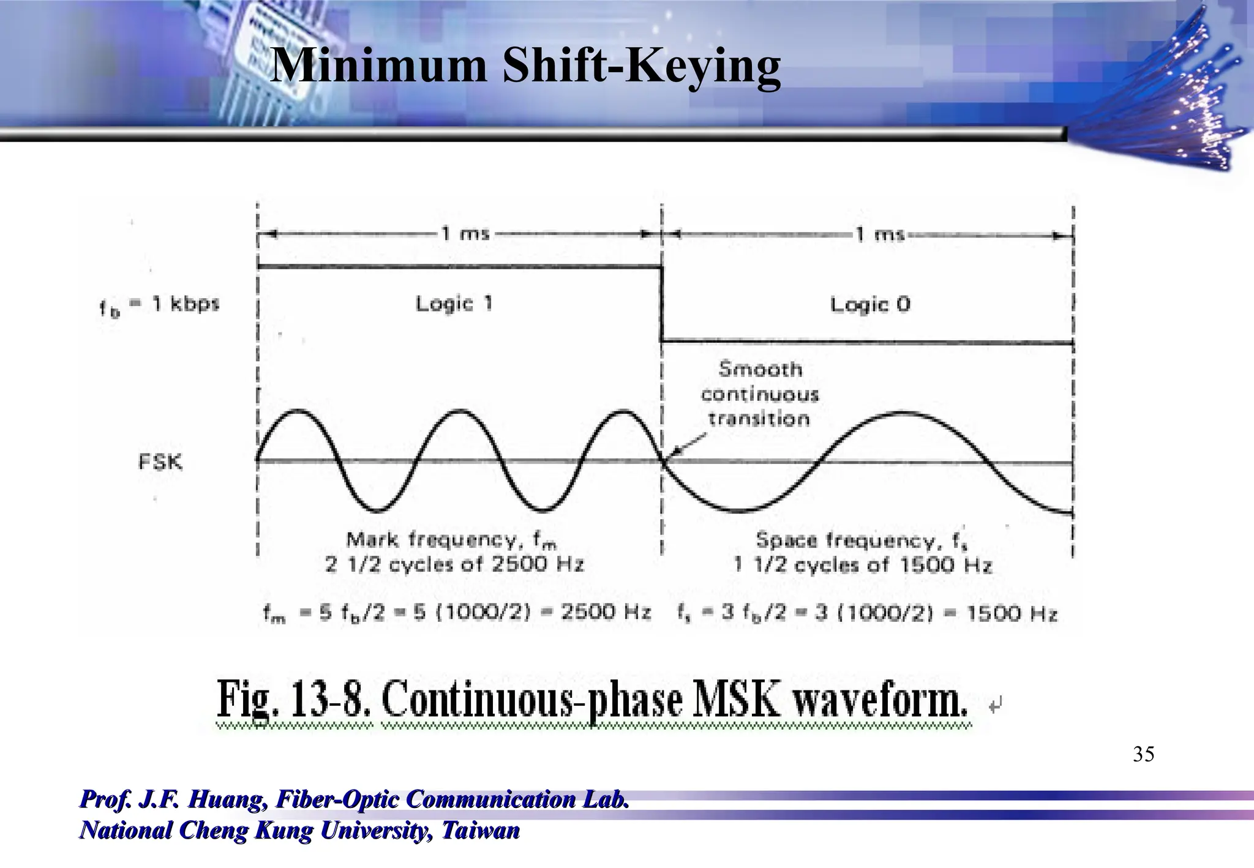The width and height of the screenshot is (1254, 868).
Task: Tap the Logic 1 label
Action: [454, 304]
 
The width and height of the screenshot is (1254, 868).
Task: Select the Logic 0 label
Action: [870, 304]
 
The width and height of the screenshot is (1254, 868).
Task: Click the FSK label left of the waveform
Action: [160, 462]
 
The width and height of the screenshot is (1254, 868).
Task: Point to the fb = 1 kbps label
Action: [159, 305]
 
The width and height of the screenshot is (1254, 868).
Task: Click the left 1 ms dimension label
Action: [465, 234]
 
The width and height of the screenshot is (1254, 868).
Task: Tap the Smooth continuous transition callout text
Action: [759, 394]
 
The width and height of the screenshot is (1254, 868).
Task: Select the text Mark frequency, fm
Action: [452, 540]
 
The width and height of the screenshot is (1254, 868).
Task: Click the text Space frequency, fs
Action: [862, 541]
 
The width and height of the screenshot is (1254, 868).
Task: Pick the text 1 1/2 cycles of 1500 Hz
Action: [863, 564]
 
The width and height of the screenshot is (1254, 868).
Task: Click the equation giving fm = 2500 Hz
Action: [457, 613]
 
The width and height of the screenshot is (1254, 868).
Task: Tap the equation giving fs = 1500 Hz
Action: [867, 613]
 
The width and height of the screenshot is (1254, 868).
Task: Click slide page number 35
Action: [1143, 754]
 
